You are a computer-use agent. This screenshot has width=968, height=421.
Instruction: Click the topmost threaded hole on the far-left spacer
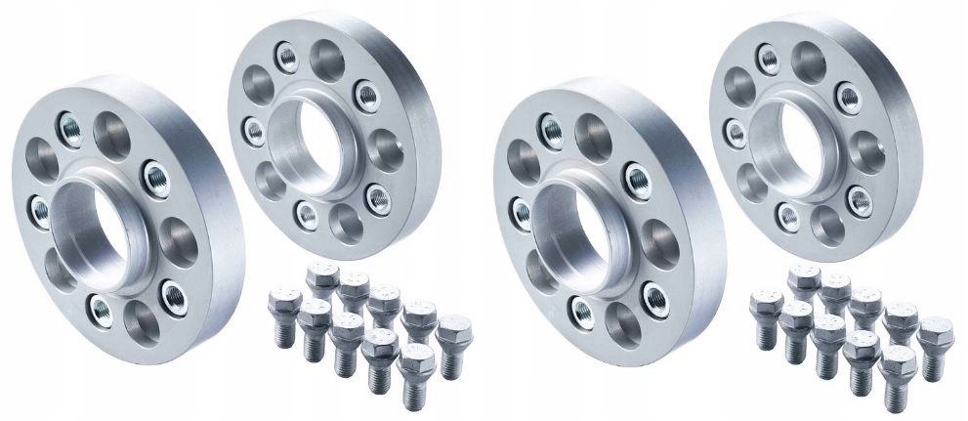coord(71,124)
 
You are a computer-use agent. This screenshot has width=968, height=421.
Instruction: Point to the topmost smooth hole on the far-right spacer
coord(808,59)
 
